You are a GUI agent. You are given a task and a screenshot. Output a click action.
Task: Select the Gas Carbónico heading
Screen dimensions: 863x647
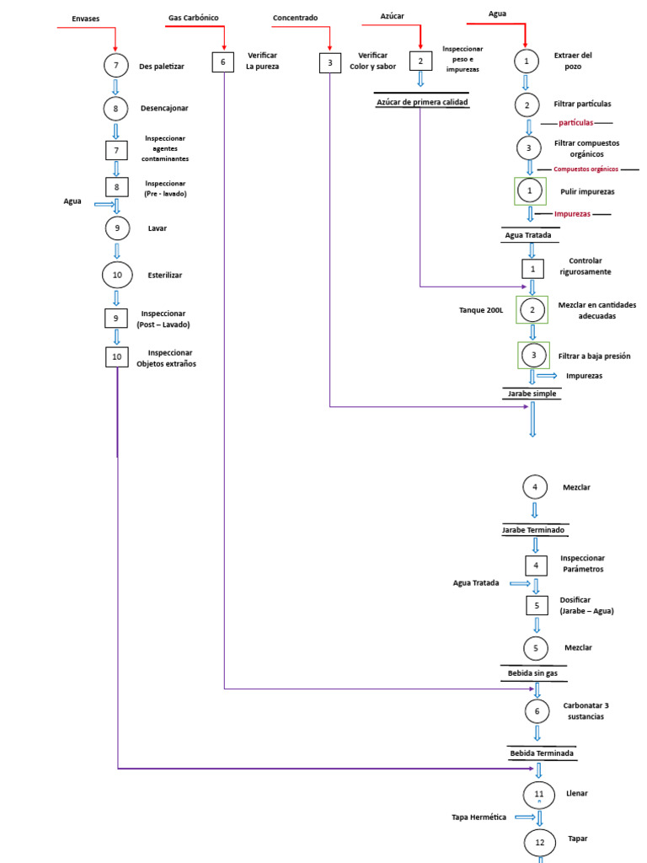coord(193,17)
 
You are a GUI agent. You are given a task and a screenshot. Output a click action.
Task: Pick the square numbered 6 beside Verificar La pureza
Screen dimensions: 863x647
coord(222,62)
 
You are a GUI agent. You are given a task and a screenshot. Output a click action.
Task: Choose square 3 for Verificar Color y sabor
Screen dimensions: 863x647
coord(329,62)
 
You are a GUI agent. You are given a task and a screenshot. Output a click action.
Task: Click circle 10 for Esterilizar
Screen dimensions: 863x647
coord(116,275)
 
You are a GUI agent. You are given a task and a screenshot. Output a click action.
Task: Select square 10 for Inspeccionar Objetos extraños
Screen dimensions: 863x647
coord(116,356)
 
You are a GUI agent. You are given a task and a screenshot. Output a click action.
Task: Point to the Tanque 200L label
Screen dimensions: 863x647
coord(481,310)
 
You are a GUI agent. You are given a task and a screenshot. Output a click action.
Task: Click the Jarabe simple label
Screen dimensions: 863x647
coord(532,394)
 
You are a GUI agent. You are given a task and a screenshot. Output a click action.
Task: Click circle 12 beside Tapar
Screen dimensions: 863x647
coord(540,842)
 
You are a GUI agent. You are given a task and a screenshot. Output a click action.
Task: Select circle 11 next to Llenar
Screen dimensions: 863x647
coord(539,794)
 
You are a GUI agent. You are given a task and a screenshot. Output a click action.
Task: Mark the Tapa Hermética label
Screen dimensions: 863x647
coord(480,817)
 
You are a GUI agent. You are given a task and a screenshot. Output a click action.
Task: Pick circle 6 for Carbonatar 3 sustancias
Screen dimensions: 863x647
coord(537,710)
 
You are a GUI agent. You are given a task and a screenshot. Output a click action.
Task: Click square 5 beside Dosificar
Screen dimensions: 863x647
coord(536,604)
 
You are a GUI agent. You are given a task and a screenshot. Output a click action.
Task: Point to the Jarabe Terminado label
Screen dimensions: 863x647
coord(533,530)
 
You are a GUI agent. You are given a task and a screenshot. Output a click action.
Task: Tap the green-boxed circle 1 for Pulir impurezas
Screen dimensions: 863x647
coord(530,191)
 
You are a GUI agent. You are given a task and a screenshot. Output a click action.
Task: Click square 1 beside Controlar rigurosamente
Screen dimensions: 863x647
coord(532,269)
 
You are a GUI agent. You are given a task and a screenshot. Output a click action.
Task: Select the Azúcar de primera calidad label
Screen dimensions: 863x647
coord(420,103)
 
